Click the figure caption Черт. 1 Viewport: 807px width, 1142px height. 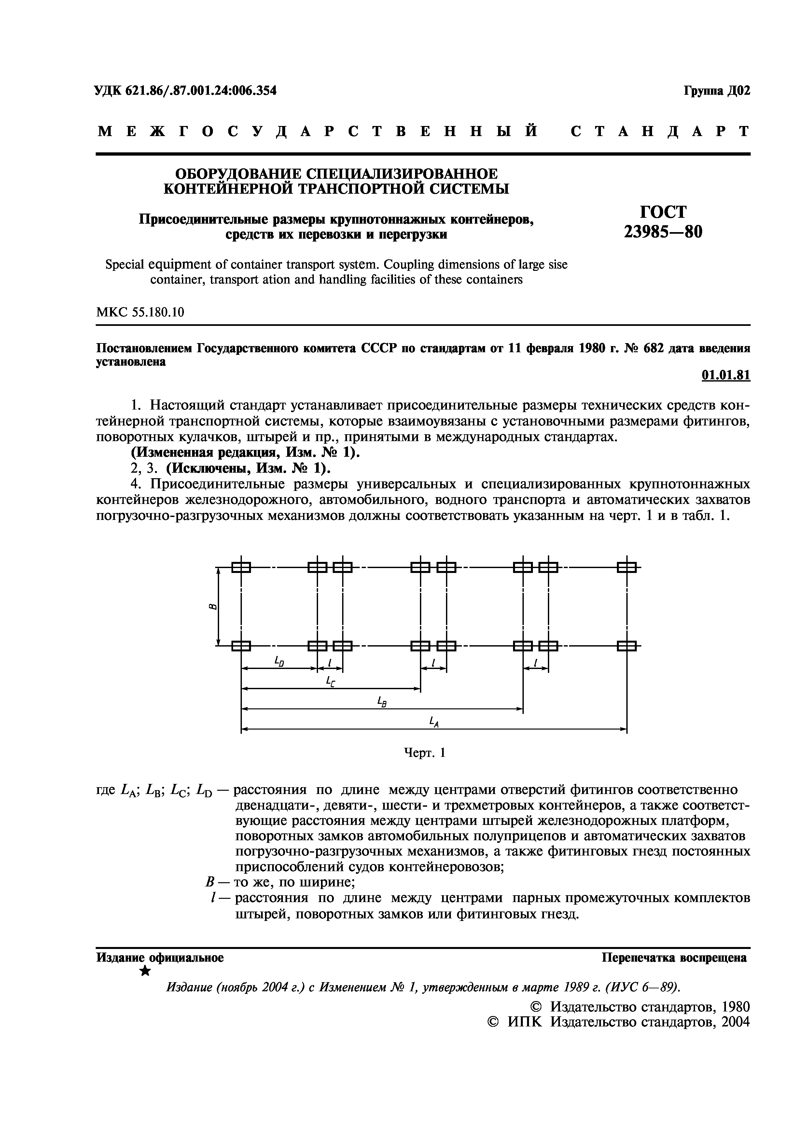click(424, 753)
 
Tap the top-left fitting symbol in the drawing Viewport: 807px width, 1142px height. click(241, 567)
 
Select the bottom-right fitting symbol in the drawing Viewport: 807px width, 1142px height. click(627, 646)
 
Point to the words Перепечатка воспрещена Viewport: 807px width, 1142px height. click(674, 957)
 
